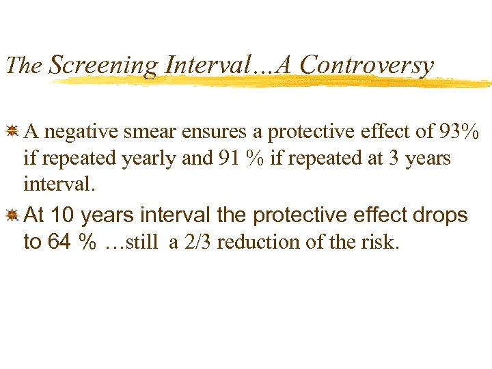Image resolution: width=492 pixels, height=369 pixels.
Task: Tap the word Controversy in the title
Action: coord(367,65)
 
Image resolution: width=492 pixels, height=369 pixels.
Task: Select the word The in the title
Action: coord(24,66)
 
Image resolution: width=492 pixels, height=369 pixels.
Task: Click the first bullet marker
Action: coord(11,130)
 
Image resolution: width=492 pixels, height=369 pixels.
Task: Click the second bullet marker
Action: coord(11,216)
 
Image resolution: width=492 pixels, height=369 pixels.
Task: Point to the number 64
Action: coord(59,243)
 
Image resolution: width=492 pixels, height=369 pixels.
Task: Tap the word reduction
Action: coord(257,243)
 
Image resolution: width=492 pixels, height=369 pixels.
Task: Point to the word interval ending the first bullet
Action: coord(55,185)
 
